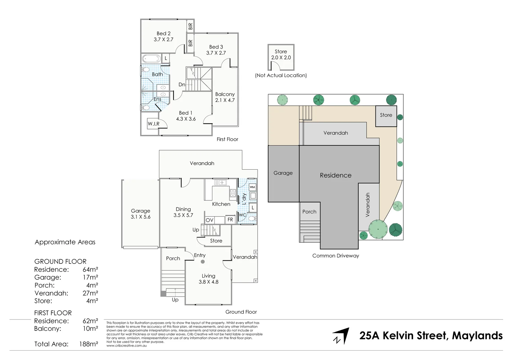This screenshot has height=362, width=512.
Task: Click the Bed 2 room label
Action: [x=163, y=36]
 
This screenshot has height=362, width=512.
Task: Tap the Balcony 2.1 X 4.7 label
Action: [x=225, y=97]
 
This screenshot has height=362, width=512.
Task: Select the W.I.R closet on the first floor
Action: [x=154, y=124]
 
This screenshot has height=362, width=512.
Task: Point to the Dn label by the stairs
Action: [x=182, y=84]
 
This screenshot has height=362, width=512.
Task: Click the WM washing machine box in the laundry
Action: [x=252, y=187]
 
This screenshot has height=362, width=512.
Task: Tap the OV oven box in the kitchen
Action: [x=210, y=220]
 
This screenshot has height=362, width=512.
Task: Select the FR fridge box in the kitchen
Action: [x=230, y=220]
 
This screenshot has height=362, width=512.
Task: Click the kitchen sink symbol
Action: [x=220, y=183]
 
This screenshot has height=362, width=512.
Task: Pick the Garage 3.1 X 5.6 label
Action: [x=141, y=214]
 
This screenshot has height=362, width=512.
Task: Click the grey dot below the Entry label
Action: [x=203, y=262]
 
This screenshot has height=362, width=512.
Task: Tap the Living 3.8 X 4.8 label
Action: [x=208, y=279]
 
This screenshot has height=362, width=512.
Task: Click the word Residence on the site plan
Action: [x=336, y=175]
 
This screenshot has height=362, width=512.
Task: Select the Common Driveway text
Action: [x=336, y=256]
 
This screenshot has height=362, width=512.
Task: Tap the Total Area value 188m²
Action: [x=88, y=344]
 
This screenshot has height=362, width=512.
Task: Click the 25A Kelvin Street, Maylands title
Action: [x=431, y=336]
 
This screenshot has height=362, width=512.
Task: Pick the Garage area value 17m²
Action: [x=90, y=278]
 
